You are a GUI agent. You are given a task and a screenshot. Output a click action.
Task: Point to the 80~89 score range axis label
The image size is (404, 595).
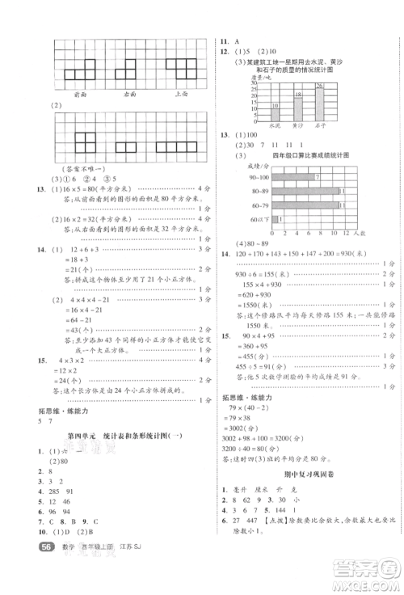(x=260, y=191)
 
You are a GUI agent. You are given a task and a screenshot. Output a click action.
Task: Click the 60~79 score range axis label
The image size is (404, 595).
(x=260, y=205)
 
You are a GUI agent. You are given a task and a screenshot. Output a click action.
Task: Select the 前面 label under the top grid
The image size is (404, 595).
(x=80, y=95)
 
